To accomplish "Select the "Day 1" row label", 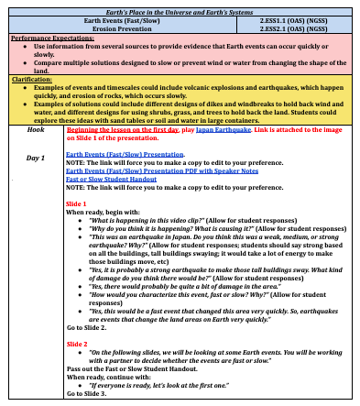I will click(x=36, y=158).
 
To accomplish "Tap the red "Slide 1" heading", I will click(x=78, y=202).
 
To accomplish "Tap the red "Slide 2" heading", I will click(x=78, y=343).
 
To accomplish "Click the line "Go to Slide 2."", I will click(x=87, y=327).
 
